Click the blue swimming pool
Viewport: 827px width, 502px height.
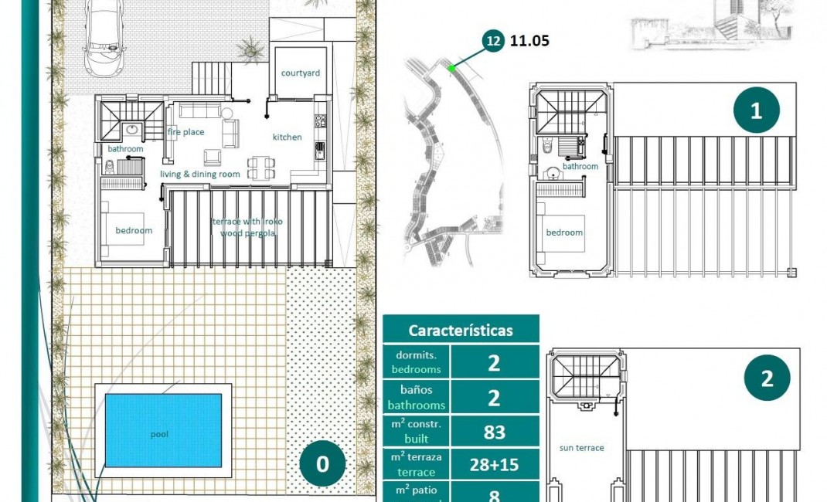[163, 429]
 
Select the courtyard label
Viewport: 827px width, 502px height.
[301, 73]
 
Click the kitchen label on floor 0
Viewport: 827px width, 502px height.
[287, 137]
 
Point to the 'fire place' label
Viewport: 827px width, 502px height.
[186, 132]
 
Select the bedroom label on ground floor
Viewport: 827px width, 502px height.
[134, 230]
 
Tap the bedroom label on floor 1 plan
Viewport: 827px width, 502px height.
[564, 232]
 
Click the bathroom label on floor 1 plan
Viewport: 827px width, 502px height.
[580, 166]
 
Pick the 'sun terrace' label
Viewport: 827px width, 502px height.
[581, 448]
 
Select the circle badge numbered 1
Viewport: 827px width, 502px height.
[756, 110]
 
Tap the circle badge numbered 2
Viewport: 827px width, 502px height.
[767, 378]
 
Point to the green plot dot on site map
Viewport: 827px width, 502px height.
[451, 69]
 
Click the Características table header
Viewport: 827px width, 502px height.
[461, 331]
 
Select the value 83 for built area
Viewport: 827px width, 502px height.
[494, 432]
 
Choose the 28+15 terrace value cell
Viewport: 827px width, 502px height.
[494, 465]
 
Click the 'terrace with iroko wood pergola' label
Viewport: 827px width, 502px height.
[247, 227]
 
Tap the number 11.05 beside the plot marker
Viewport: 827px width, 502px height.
[529, 41]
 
